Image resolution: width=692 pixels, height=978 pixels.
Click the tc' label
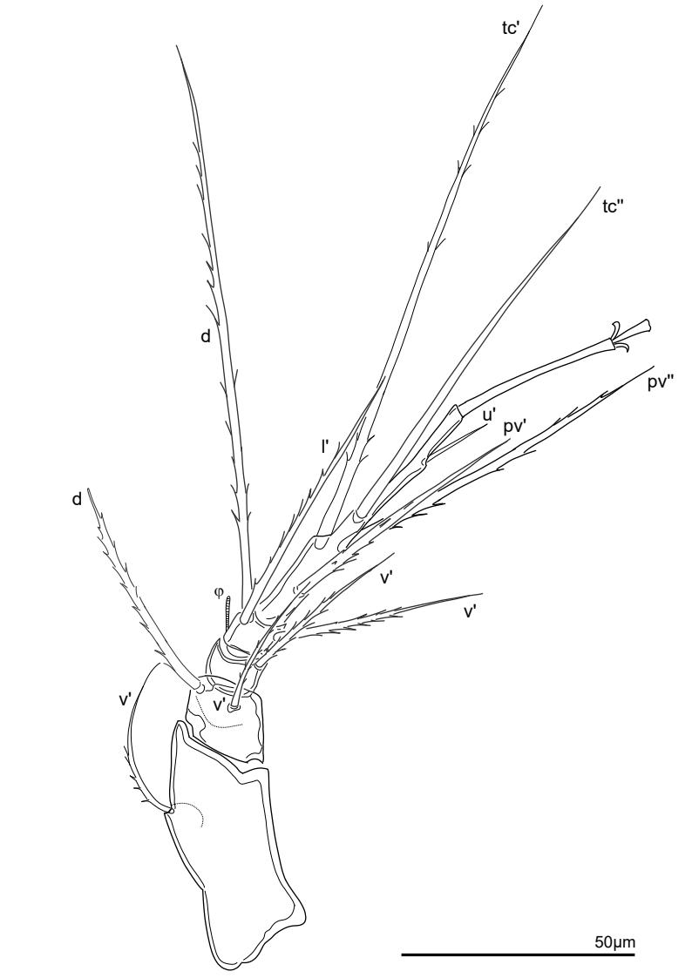coord(511,28)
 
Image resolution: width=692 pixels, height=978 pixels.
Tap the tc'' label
coord(614,206)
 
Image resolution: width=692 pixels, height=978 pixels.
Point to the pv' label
coord(516,428)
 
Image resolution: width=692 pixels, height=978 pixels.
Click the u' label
coord(489,415)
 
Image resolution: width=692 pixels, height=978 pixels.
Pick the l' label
coord(326,446)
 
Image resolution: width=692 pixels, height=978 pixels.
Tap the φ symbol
coord(219,591)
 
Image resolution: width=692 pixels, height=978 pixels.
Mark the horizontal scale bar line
coord(518,954)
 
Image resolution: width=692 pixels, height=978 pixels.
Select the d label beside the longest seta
coord(206,337)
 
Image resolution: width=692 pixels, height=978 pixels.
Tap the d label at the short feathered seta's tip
coord(77,499)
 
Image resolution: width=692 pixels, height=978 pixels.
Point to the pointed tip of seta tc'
coord(541,5)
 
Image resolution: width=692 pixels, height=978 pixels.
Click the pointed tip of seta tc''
coord(599,187)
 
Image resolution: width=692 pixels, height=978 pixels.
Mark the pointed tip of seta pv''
coord(654,367)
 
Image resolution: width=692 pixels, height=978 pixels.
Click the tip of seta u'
coord(486,428)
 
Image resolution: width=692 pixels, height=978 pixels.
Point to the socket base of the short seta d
coord(200,688)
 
